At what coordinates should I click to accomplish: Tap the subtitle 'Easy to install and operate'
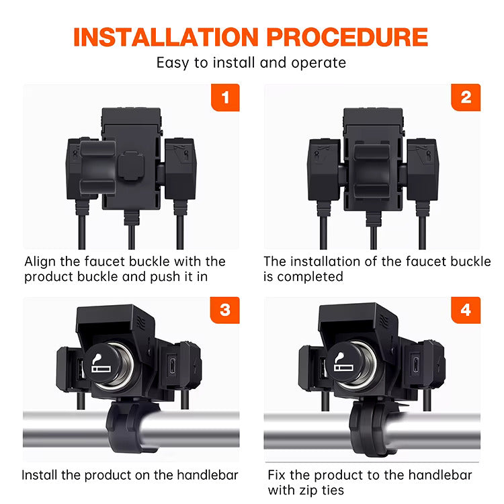(251, 63)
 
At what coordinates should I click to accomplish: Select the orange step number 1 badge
(225, 98)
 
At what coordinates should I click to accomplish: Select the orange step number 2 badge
(466, 98)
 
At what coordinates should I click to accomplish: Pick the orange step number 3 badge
(225, 310)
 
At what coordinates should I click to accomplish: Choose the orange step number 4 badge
(466, 310)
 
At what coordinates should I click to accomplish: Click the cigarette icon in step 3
(101, 363)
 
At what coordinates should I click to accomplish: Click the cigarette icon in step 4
(343, 363)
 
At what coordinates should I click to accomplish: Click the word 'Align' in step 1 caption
(40, 261)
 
